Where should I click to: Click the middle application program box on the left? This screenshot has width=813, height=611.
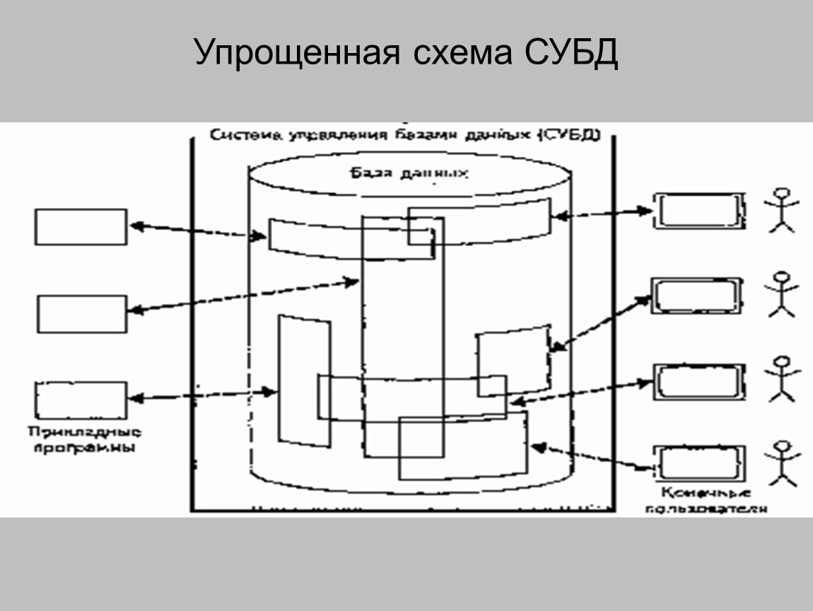(81, 314)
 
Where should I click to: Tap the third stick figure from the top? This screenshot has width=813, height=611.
(782, 378)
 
